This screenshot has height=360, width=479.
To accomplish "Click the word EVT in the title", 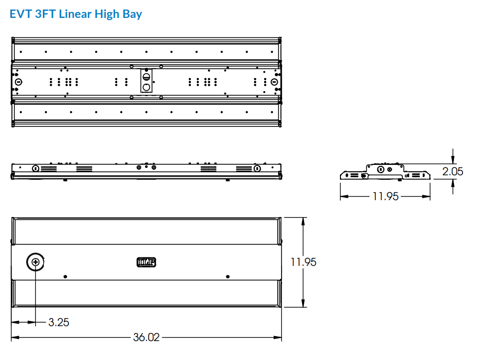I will tap(20, 13).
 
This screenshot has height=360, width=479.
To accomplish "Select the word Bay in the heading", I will tap(132, 13).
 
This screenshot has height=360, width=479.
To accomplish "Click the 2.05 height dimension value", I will tap(453, 171).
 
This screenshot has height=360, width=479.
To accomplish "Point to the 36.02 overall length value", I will tap(146, 337).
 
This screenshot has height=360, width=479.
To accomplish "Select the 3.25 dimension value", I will tap(59, 322).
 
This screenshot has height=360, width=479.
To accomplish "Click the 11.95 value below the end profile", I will tap(385, 197).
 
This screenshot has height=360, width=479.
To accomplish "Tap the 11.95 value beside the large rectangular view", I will tap(304, 262).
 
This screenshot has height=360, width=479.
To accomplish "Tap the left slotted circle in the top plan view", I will tap(18, 82).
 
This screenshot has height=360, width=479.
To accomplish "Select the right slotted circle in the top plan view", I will tap(274, 82).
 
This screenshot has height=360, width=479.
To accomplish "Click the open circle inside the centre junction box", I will tap(147, 88).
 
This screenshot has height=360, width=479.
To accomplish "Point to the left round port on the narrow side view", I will tap(35, 168).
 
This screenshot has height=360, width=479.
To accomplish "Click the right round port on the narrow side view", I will tap(257, 168).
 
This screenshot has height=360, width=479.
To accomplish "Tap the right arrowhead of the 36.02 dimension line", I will tap(280, 337).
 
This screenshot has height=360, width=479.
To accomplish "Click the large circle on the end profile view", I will tap(380, 169).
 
